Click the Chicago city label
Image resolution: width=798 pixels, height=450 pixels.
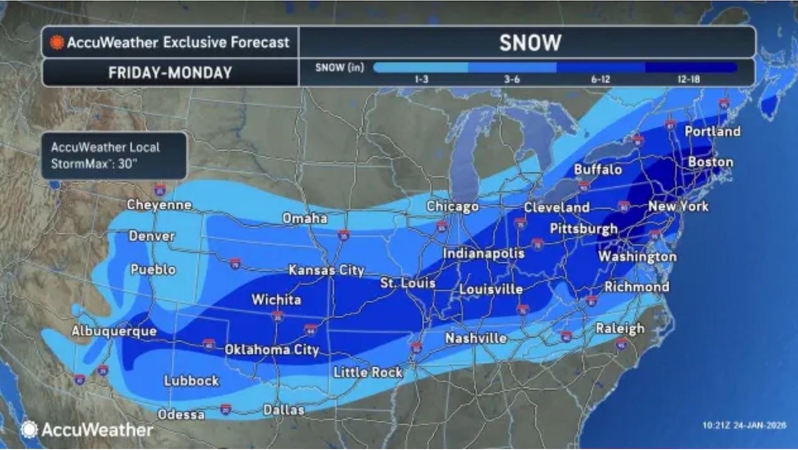452,206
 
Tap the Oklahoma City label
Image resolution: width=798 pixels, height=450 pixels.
271,350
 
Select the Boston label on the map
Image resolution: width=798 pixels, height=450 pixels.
710,162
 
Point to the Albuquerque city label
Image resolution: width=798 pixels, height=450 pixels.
113,331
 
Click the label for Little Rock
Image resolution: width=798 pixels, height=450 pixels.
368,372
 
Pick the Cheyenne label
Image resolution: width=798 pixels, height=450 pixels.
159,204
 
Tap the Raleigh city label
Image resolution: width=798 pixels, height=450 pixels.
619,328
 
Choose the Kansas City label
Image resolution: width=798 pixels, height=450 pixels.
326,270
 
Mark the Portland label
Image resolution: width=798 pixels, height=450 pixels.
712,132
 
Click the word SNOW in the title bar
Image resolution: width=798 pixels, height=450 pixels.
530,42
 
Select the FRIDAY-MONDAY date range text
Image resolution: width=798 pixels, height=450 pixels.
170,72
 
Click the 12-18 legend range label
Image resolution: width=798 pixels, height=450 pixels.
688,79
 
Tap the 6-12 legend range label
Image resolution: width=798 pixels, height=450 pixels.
599,79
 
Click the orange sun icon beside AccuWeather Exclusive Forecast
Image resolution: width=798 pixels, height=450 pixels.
57,42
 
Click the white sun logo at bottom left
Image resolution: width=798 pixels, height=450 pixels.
29,429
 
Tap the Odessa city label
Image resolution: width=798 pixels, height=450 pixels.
181,414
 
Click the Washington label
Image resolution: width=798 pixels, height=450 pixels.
637,256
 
